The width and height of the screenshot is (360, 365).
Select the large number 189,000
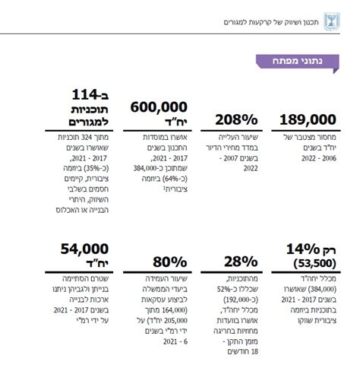coord(308,119)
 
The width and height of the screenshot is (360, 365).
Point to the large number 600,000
coord(161,109)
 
